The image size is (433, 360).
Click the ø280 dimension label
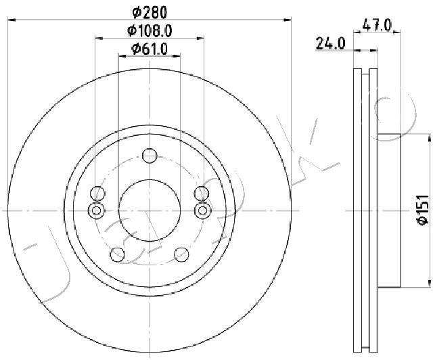(x=149, y=12)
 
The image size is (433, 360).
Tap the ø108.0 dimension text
(x=149, y=30)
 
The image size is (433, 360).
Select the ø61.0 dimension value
(x=149, y=48)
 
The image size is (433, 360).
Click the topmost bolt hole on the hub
(x=150, y=156)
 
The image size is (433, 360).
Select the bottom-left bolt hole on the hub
(x=118, y=254)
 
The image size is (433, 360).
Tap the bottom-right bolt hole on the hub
(x=181, y=254)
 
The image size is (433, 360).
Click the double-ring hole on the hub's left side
(x=97, y=210)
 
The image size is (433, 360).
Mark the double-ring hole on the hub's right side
(x=202, y=210)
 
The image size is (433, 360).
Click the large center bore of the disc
(x=150, y=210)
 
